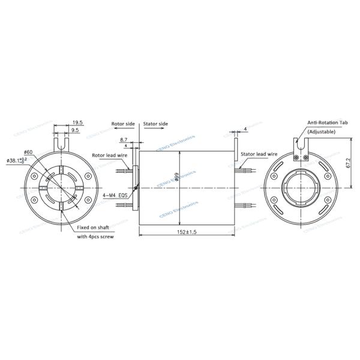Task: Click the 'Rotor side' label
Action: point(123,124)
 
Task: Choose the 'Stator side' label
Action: point(155,124)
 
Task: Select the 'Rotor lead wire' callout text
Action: point(109,155)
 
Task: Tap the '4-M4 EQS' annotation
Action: point(115,195)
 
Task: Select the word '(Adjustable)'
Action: point(322,131)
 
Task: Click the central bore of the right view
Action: point(301,188)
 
